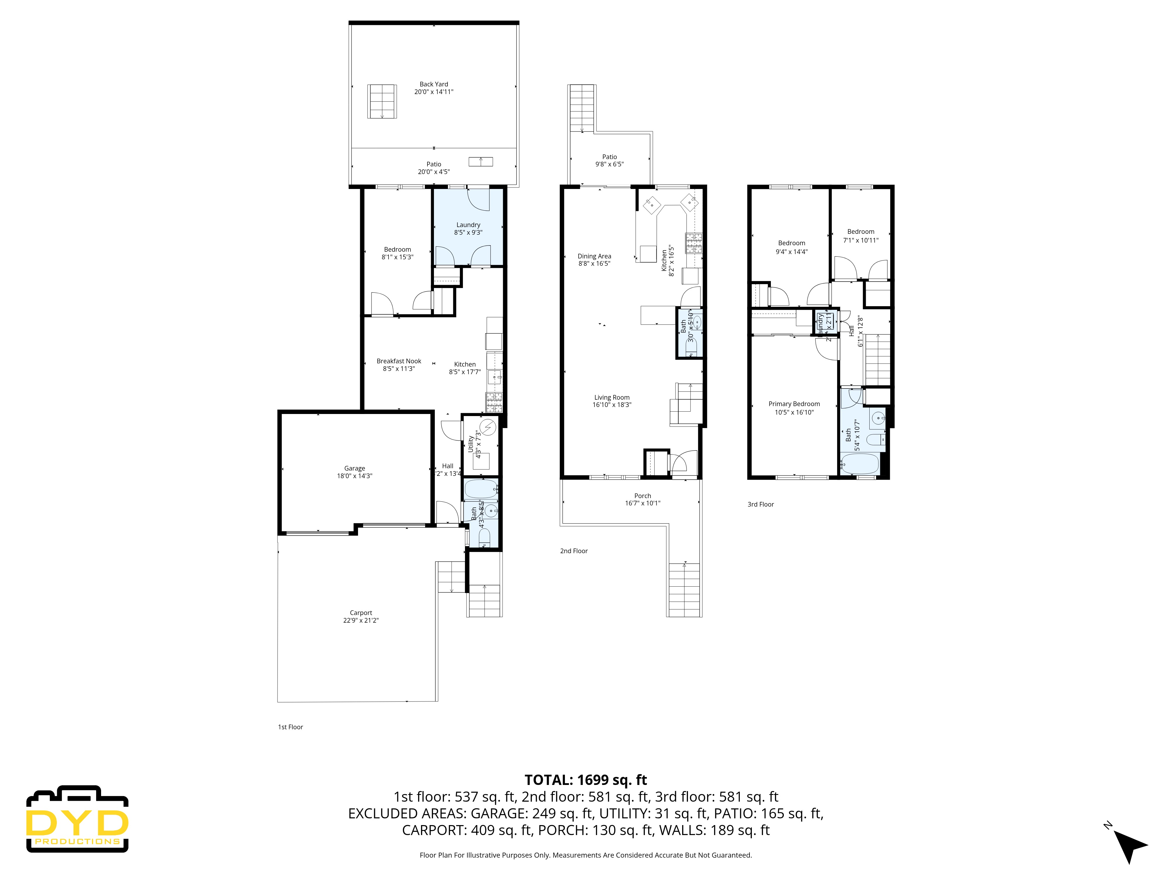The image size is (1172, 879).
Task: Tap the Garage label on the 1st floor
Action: [355, 469]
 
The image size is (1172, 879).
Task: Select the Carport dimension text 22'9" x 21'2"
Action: [360, 621]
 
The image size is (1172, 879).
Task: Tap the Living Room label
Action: [611, 397]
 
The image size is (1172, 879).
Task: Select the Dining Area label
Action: [594, 256]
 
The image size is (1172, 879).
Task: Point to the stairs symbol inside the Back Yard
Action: [382, 101]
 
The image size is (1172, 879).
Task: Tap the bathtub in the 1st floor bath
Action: [481, 489]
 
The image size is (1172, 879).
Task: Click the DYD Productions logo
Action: [77, 819]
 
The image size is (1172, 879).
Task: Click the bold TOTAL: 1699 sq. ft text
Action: [585, 780]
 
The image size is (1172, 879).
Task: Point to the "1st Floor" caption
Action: [290, 727]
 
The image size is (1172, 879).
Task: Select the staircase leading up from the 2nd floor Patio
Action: [582, 109]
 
